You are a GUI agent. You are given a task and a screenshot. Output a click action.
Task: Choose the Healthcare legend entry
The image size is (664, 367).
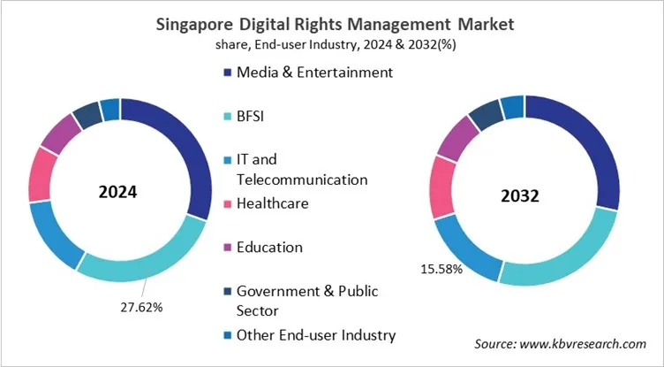pyautogui.click(x=272, y=203)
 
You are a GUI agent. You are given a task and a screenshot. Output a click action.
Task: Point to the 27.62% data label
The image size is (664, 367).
pyautogui.click(x=143, y=307)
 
